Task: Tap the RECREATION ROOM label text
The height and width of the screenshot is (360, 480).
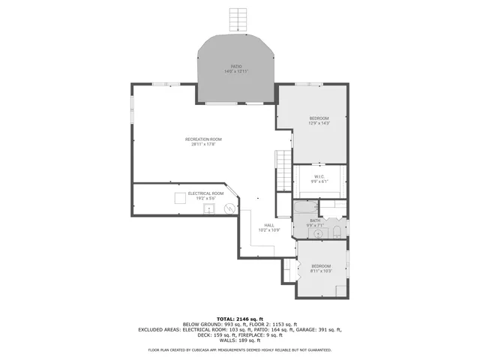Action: click(204, 139)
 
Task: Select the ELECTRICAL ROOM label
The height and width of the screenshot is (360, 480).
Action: click(205, 193)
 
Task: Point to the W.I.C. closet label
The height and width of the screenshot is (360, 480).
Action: click(319, 176)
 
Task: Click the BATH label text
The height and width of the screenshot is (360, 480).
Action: click(315, 220)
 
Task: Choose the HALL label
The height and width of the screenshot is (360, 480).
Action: click(268, 225)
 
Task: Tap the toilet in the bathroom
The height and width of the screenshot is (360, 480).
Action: click(337, 230)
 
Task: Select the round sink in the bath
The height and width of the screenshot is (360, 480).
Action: click(319, 233)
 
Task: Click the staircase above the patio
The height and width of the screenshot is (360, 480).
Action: click(238, 18)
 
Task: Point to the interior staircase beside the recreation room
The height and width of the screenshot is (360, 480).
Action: click(283, 160)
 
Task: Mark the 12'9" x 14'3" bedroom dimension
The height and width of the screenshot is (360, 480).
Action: click(320, 124)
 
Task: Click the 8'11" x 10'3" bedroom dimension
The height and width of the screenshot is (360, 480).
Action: click(321, 271)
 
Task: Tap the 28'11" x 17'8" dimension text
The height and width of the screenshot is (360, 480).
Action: click(204, 144)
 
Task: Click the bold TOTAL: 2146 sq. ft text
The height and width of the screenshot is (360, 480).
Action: click(239, 319)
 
